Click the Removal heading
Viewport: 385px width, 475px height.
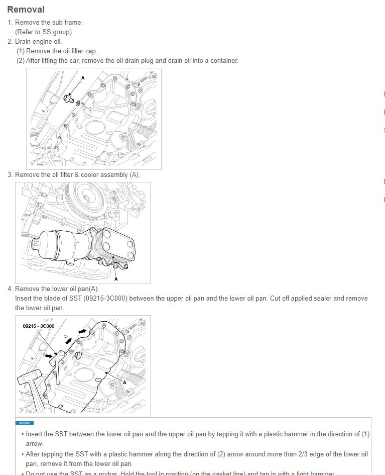click(26, 10)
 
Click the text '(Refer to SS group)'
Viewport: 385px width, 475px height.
click(43, 32)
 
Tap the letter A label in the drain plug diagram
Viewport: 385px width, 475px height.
click(83, 78)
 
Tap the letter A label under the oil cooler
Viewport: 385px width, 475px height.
click(116, 278)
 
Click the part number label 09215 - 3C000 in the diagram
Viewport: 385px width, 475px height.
click(39, 326)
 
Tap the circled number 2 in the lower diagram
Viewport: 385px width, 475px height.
click(65, 337)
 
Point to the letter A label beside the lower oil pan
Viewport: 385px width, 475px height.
click(124, 383)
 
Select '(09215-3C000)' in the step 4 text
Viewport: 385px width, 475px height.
click(106, 299)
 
